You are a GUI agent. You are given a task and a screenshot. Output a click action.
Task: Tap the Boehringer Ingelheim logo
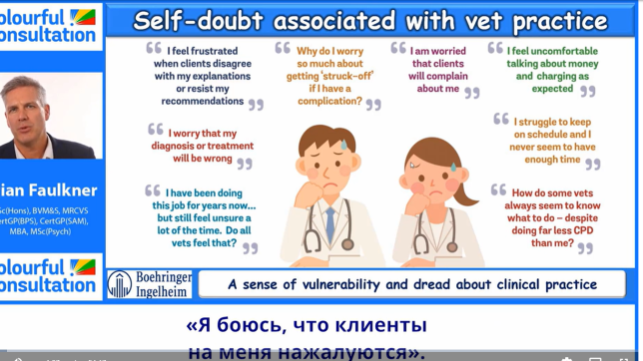(x=149, y=284)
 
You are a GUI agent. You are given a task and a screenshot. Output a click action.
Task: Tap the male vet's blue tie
(x=329, y=224)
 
